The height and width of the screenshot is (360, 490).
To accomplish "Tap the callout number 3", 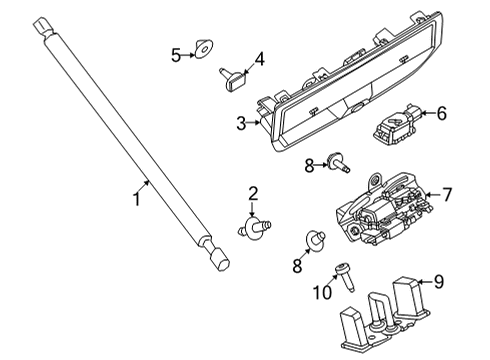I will [241, 123].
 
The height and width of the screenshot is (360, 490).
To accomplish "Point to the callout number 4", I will [259, 60].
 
